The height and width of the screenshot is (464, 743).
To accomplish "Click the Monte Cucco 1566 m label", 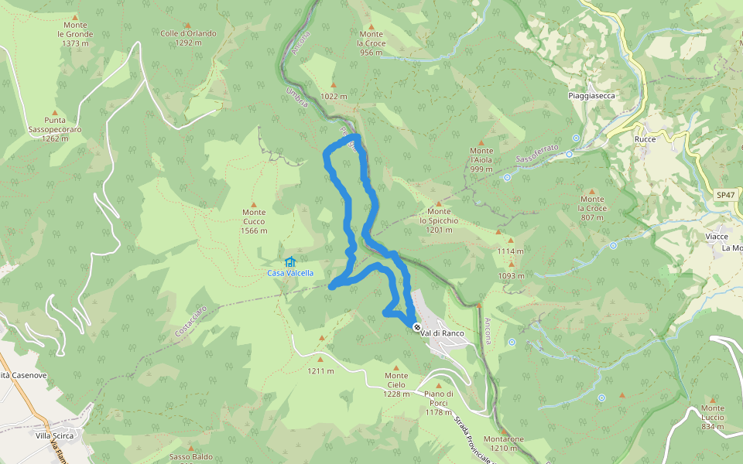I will point(254,221).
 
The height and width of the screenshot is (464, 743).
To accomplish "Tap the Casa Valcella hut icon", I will point(290,262).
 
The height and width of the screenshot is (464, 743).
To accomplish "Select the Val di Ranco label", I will point(443,333).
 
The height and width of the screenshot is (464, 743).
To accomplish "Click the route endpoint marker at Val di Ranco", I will point(417,327).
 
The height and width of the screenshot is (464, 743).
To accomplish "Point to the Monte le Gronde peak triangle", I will point(74,17).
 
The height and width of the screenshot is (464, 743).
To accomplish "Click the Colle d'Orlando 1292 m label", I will point(188,38).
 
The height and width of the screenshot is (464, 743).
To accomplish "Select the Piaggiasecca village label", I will point(591,96).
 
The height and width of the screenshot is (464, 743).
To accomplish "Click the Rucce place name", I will point(645,139).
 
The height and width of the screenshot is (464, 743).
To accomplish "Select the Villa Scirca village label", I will point(54,435).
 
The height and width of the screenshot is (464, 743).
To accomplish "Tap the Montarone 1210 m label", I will point(503,443).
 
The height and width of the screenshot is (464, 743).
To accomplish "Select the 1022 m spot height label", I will point(334,97).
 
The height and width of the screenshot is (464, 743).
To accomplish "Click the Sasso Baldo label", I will point(190,456).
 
